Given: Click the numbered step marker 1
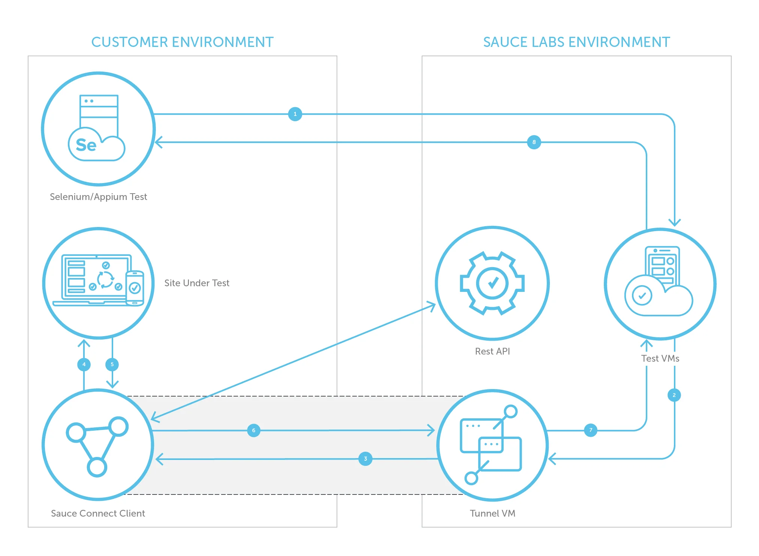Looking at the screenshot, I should click(x=295, y=114).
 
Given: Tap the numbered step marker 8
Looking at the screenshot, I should click(x=534, y=142).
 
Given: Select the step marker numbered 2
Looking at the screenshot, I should click(x=674, y=395).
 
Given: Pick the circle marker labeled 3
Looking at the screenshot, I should click(x=365, y=459).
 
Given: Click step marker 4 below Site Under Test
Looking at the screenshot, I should click(x=84, y=364).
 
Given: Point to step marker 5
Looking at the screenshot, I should click(x=112, y=364).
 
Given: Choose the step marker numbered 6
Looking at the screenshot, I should click(x=254, y=430).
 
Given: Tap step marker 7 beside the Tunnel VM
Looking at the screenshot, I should click(x=591, y=430).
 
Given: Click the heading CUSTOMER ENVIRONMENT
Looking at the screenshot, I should click(x=183, y=42).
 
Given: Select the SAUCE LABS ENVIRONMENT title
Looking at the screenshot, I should click(x=576, y=42).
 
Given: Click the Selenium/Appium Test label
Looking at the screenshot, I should click(x=99, y=197).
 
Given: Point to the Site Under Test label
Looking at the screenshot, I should click(x=197, y=283).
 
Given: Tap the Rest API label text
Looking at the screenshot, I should click(x=492, y=352).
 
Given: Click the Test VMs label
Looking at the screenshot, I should click(x=660, y=359).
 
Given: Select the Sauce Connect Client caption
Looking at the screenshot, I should click(x=98, y=514).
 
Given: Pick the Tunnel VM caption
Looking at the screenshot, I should click(x=493, y=514).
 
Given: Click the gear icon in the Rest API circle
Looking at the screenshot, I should click(x=492, y=283).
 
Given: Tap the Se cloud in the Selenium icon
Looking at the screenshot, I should click(x=96, y=146).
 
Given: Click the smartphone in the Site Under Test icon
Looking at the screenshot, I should click(x=135, y=288).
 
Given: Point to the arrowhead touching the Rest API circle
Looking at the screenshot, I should click(x=432, y=305).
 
